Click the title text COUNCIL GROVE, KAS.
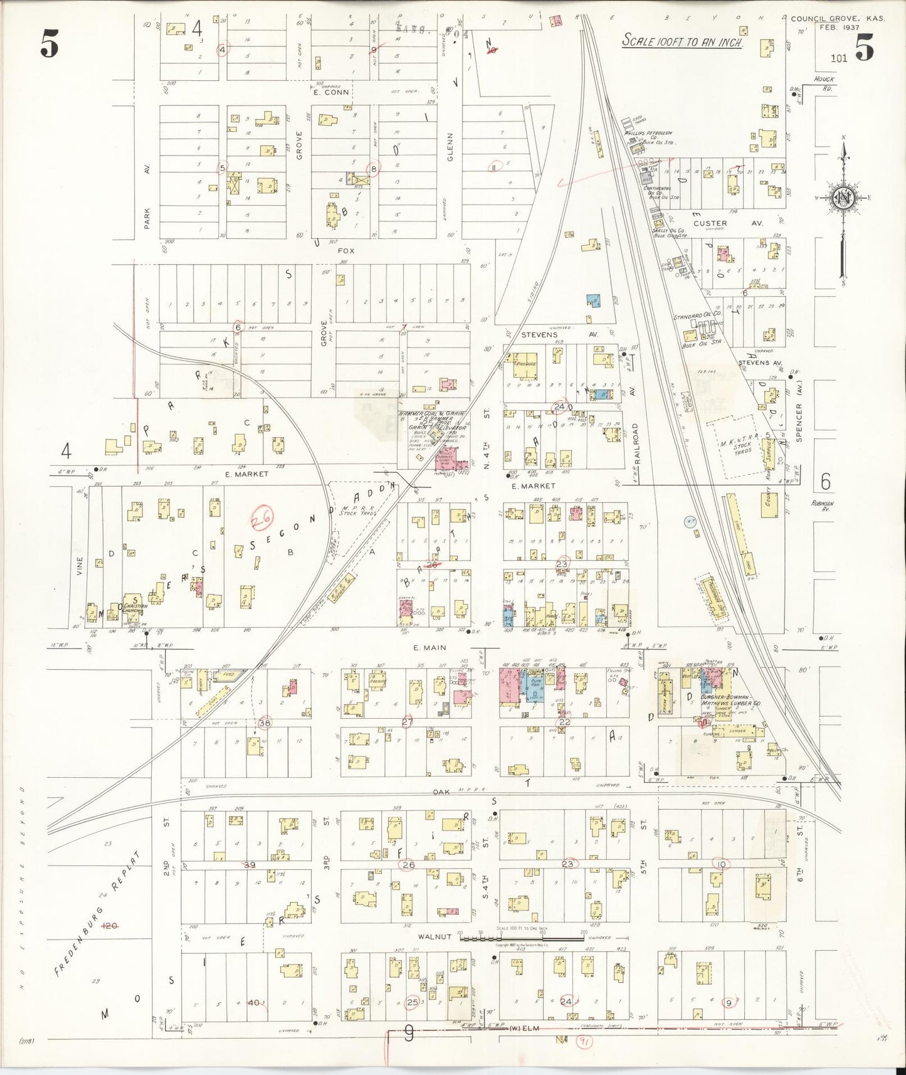pyautogui.click(x=837, y=19)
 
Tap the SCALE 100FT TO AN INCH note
pyautogui.click(x=682, y=41)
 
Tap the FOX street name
pyautogui.click(x=346, y=251)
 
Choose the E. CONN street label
pyautogui.click(x=331, y=92)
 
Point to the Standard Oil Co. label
pyautogui.click(x=697, y=314)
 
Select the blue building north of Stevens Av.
pyautogui.click(x=593, y=301)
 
